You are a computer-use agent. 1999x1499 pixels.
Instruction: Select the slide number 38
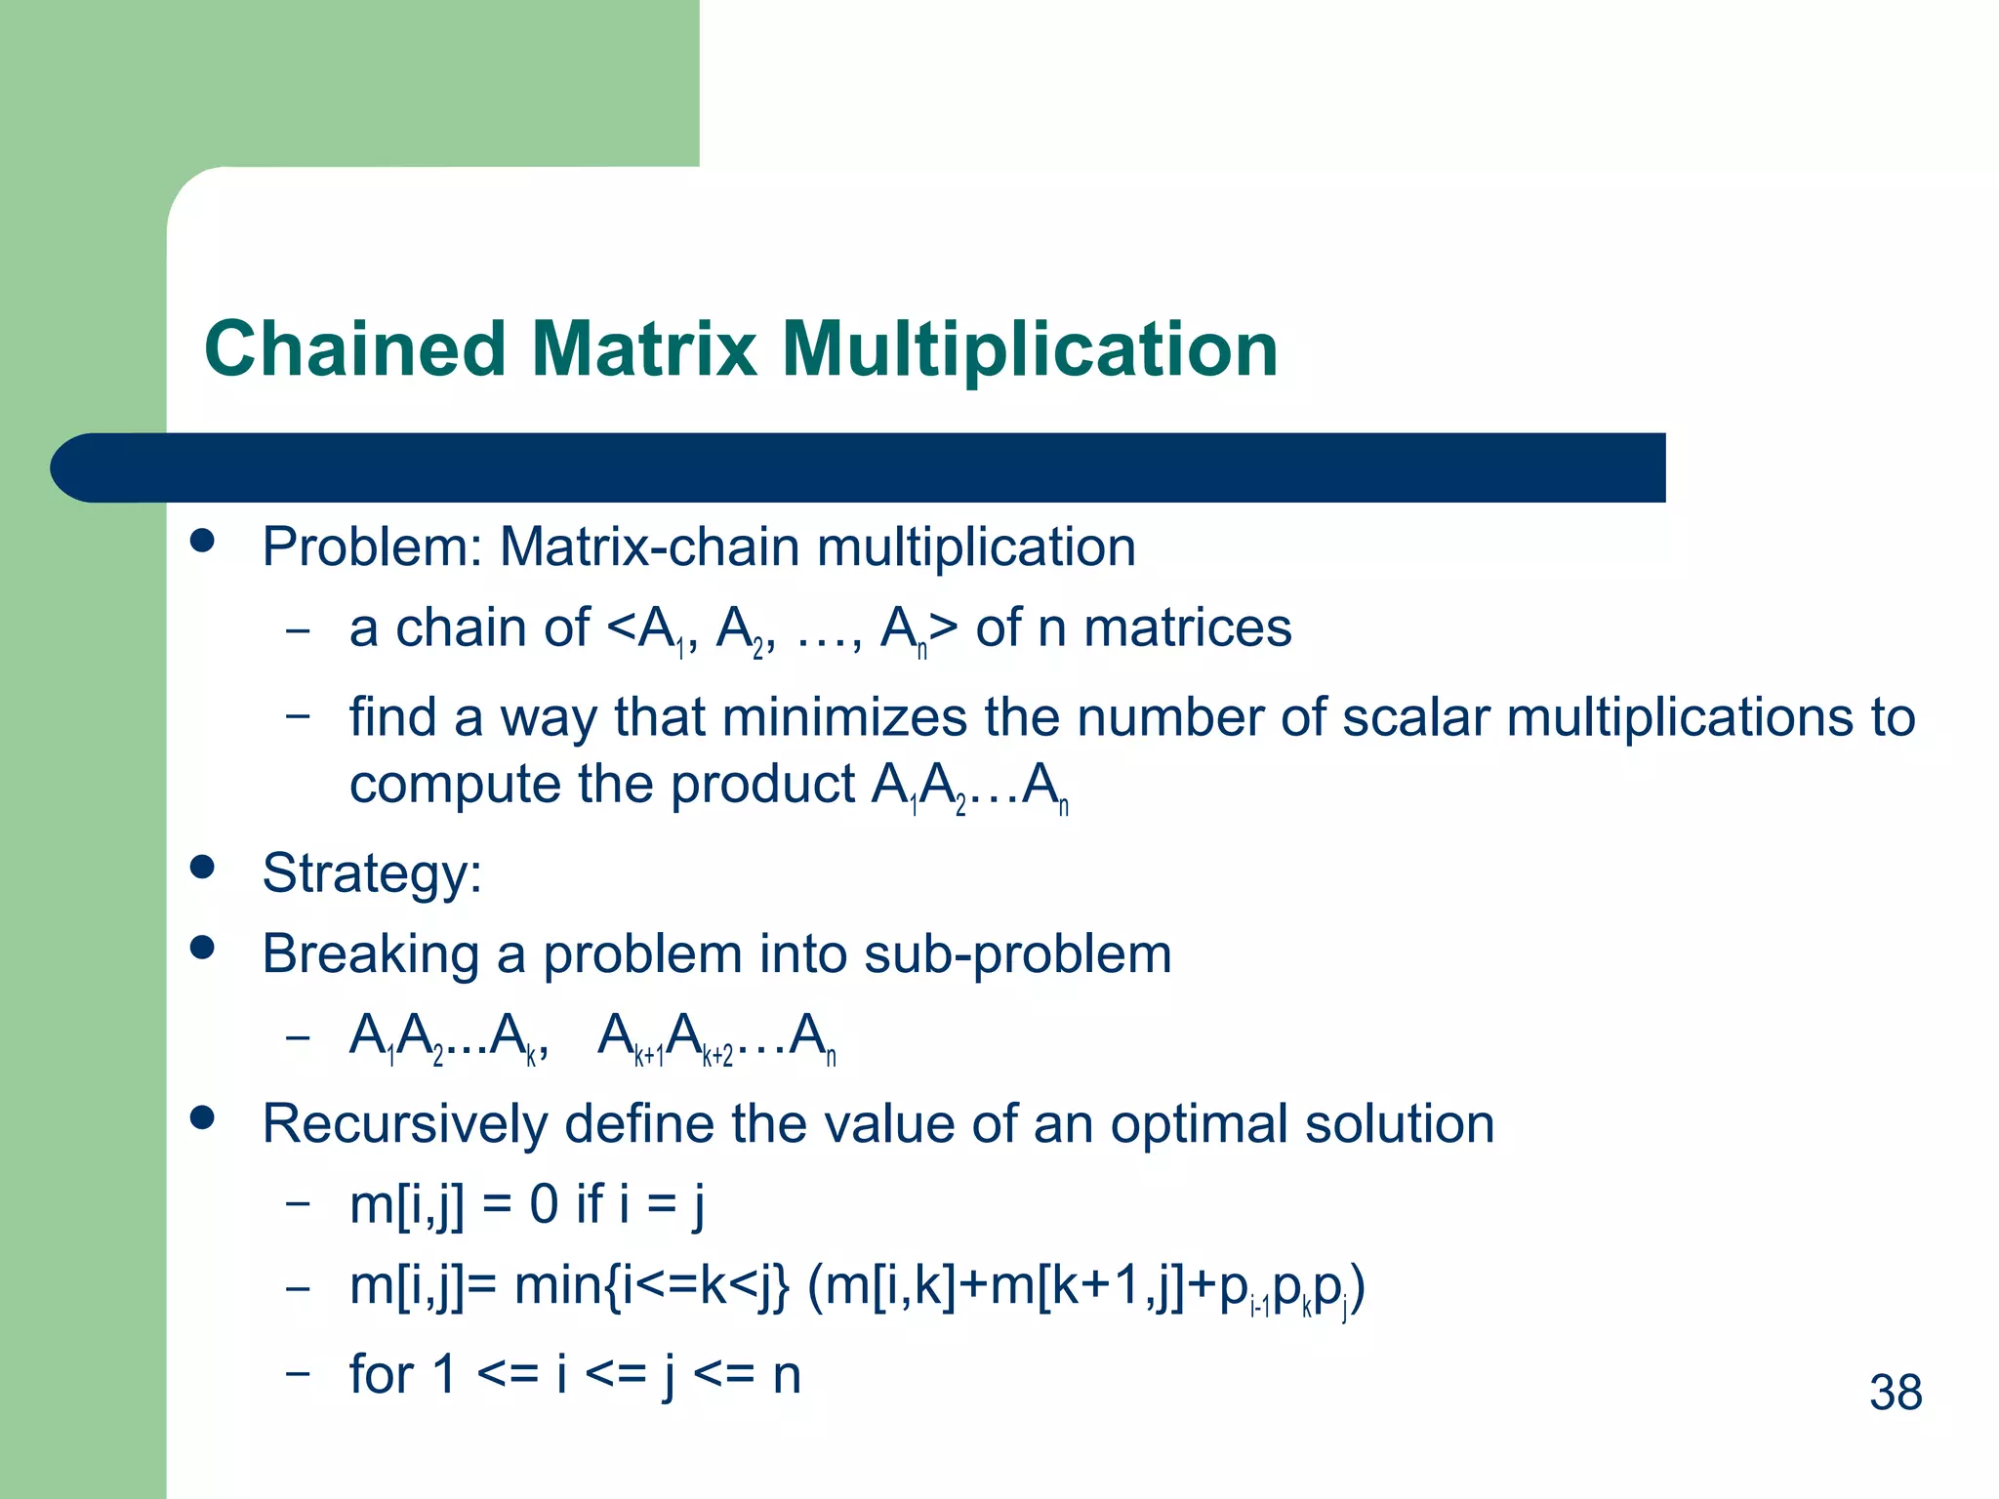pyautogui.click(x=1896, y=1393)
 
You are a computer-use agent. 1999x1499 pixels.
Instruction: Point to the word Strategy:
pyautogui.click(x=372, y=873)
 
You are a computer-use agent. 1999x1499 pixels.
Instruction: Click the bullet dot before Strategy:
pyautogui.click(x=203, y=867)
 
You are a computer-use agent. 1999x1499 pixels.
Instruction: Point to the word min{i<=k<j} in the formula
pyautogui.click(x=651, y=1287)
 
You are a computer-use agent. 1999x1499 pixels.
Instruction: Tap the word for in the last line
pyautogui.click(x=382, y=1374)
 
